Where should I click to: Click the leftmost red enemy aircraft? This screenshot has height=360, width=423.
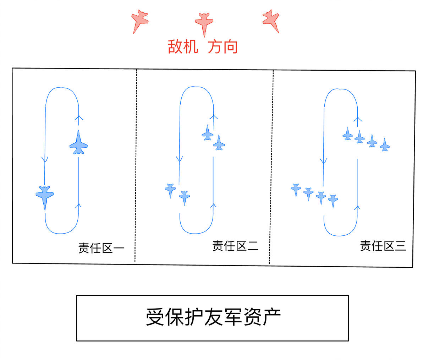pos(139,21)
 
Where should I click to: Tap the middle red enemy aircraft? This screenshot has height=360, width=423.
pos(204,23)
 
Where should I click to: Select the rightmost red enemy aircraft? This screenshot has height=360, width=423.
pos(271,21)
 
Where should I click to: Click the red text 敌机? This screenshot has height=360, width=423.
pos(183,47)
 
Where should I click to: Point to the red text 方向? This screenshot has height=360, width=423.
pos(223,47)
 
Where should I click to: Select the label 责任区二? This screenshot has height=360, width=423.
pos(235,246)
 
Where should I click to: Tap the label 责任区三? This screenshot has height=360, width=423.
pos(383,246)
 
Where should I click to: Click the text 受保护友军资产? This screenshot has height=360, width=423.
pos(213,317)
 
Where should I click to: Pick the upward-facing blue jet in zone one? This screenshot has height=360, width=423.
pos(78,142)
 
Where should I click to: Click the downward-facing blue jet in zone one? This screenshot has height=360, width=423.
pos(45,197)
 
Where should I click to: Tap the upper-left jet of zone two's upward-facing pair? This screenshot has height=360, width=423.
pos(208,133)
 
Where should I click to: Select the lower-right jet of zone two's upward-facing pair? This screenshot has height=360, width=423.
pos(219,143)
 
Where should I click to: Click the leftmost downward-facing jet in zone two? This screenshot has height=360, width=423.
pos(170,191)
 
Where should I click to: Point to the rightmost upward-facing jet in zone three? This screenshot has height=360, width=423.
pos(385,145)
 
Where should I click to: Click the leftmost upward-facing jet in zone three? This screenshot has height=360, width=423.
pos(347,134)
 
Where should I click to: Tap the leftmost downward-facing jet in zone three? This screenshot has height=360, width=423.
pos(296,190)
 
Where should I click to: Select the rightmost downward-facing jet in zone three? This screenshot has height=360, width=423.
pos(333,201)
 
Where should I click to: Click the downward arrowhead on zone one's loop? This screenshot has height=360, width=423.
pos(45,159)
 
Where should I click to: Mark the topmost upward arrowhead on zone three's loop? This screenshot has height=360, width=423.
pos(358,119)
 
